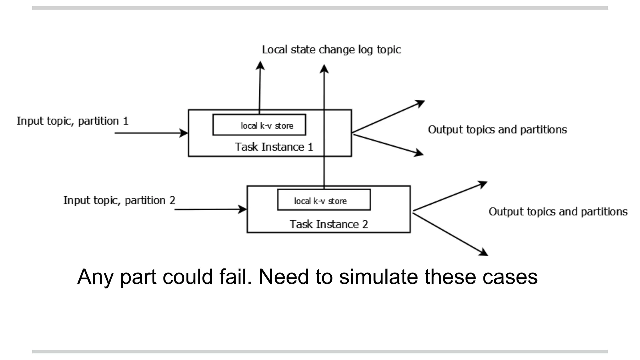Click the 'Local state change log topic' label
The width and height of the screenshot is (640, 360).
331,50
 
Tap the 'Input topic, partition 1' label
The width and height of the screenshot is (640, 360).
72,121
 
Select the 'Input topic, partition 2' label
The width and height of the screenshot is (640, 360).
119,200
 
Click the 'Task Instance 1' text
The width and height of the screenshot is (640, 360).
274,147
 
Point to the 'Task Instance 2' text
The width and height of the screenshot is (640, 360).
328,224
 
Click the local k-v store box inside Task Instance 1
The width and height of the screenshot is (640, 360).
259,125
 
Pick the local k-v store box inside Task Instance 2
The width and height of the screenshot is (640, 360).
324,200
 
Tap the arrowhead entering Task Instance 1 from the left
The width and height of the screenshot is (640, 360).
184,133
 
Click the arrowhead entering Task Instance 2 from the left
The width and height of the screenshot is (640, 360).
243,209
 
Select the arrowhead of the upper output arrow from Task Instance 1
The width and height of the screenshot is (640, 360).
421,103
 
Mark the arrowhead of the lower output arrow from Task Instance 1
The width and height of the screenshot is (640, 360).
419,153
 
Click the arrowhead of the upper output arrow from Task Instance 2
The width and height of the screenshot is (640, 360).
483,184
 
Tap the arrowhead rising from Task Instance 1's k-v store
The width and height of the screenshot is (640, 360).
260,65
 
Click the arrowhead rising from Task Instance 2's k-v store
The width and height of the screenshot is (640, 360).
324,68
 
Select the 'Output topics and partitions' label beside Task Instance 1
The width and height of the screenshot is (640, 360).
497,130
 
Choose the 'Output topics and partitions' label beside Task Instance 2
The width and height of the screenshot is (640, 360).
558,212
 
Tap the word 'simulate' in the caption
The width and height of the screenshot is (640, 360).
378,277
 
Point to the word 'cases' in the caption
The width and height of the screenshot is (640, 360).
510,277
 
